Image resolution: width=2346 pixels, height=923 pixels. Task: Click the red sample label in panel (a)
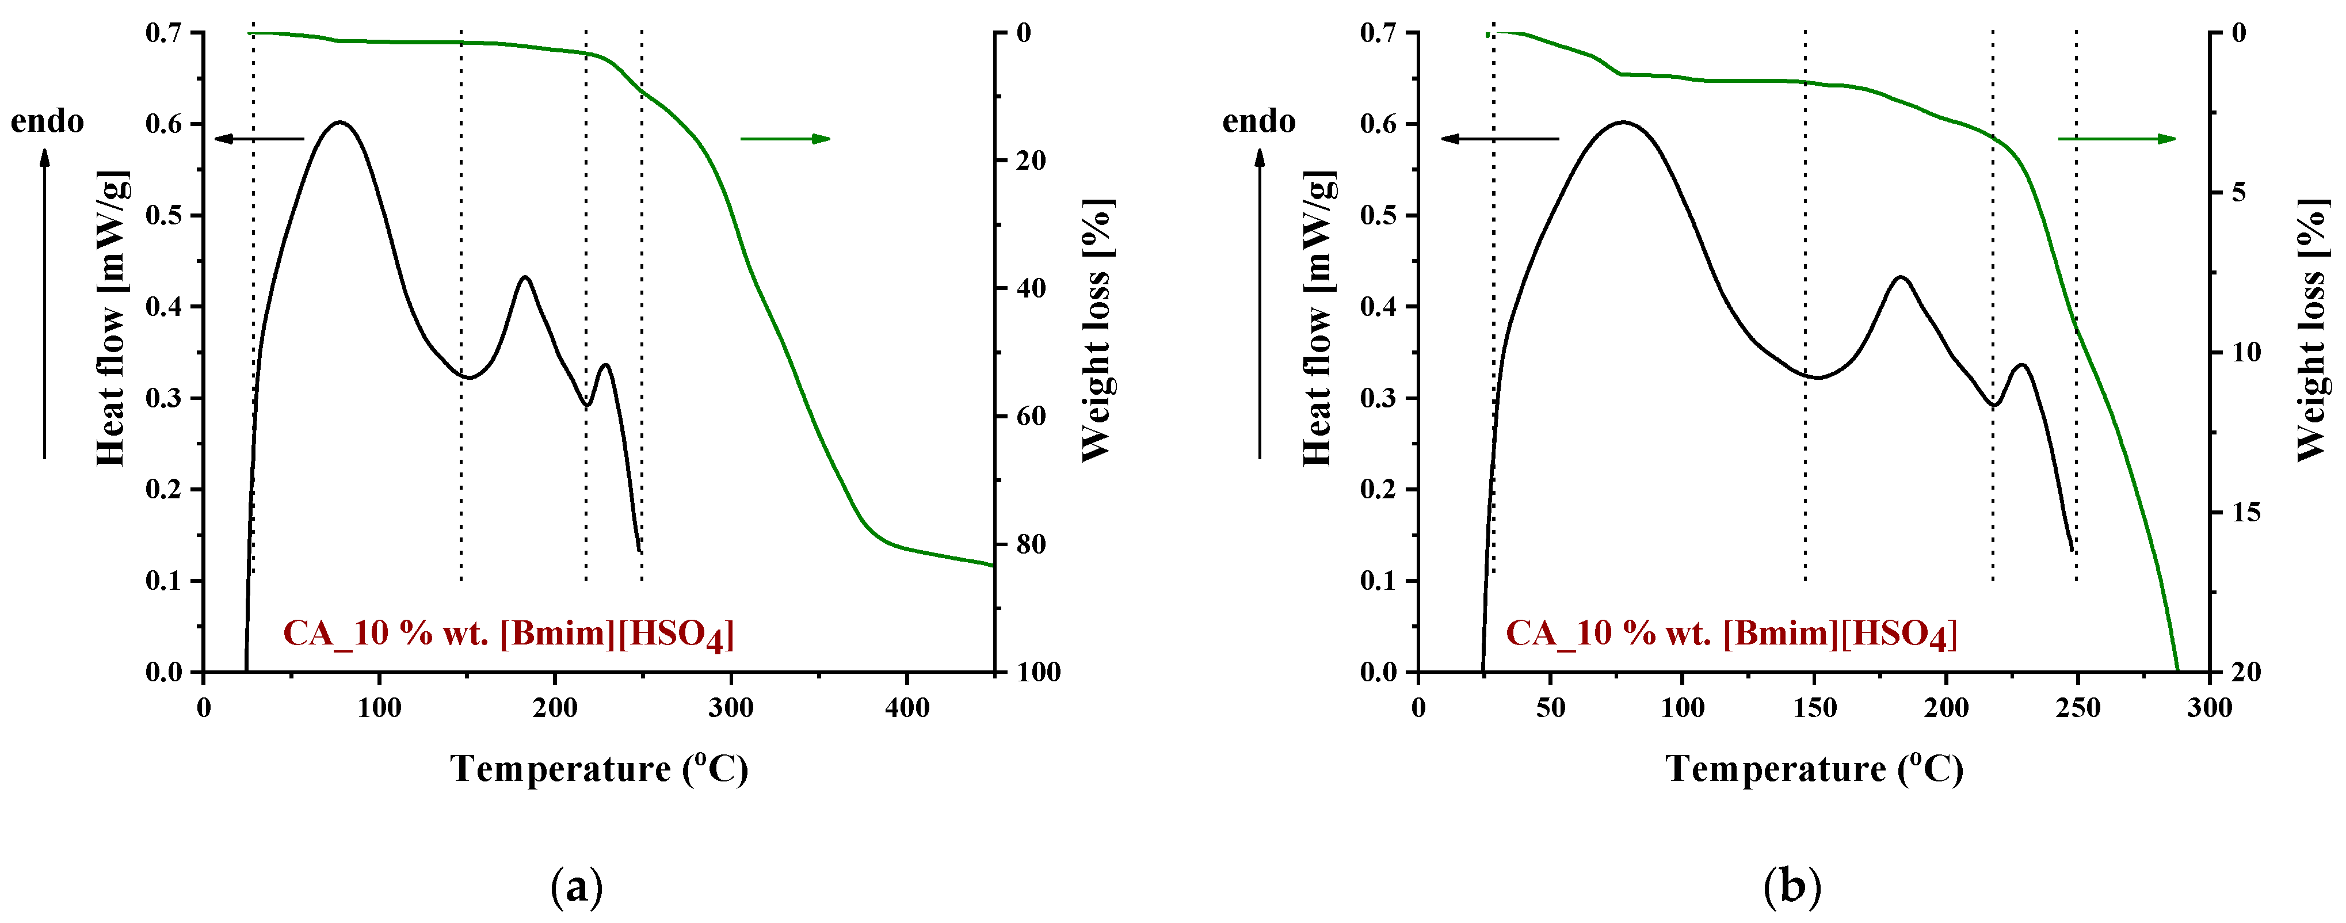(x=508, y=633)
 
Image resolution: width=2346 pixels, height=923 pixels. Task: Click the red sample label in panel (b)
(x=1730, y=633)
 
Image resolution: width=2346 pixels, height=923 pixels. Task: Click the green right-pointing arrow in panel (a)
(x=785, y=139)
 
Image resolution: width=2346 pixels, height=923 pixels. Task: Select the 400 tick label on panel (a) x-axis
(x=907, y=708)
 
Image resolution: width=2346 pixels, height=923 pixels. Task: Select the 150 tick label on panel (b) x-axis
(x=1814, y=708)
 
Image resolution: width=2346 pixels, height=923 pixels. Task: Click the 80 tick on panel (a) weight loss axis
(x=1031, y=544)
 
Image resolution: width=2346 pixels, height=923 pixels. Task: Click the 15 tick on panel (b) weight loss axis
(x=2246, y=512)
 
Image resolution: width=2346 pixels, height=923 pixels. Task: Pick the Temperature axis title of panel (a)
(x=599, y=769)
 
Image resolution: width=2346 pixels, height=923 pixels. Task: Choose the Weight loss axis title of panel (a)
(x=1097, y=330)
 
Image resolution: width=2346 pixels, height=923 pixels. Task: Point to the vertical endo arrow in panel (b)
(x=1260, y=301)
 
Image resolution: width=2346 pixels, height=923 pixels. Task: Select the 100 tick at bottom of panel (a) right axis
(x=1038, y=673)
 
